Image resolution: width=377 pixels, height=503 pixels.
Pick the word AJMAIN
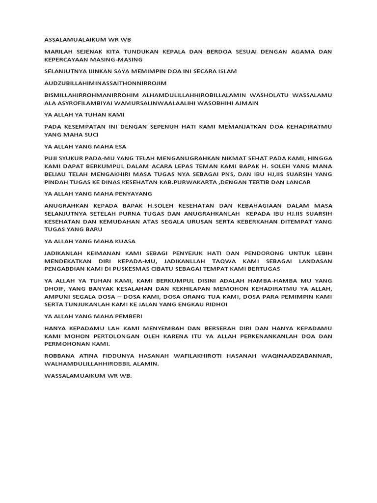[x=246, y=103]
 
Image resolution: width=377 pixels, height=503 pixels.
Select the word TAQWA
[x=222, y=261]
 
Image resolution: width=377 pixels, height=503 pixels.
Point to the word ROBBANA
[x=58, y=356]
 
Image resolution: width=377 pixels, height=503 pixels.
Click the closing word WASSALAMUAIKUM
[x=72, y=376]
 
